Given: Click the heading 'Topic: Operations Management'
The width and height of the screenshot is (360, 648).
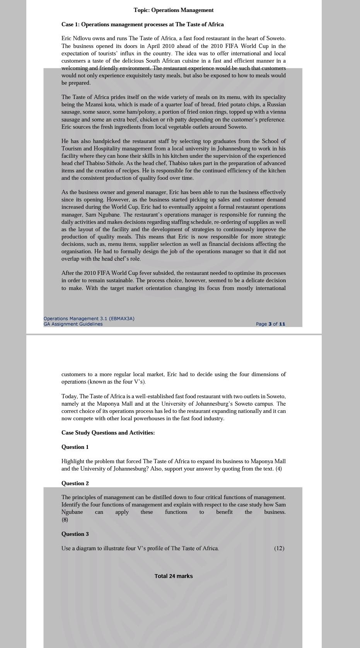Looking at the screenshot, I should (x=174, y=10).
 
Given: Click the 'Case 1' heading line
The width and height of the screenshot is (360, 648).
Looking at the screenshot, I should (x=142, y=24).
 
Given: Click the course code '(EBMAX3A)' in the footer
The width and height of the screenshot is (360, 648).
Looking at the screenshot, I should (x=122, y=319).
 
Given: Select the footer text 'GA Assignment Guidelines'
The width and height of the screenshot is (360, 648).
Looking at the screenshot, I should (x=73, y=324).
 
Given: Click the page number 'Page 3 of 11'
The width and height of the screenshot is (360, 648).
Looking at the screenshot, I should (x=270, y=324).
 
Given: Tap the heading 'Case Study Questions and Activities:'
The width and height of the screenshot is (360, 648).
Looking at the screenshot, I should (x=108, y=433).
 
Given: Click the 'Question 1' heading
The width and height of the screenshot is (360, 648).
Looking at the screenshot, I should (x=75, y=447).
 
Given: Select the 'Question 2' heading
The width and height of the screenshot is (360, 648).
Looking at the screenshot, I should (x=75, y=483).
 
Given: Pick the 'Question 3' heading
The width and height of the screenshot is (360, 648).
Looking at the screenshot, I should (x=75, y=534).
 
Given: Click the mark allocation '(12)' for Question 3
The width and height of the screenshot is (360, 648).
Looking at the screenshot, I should (x=279, y=548).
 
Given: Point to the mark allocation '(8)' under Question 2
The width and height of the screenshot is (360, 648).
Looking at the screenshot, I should (x=65, y=520).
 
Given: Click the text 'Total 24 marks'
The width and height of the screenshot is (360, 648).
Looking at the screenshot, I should (x=174, y=576).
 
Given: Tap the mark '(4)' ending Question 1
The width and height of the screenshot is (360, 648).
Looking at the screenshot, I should (x=278, y=469).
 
